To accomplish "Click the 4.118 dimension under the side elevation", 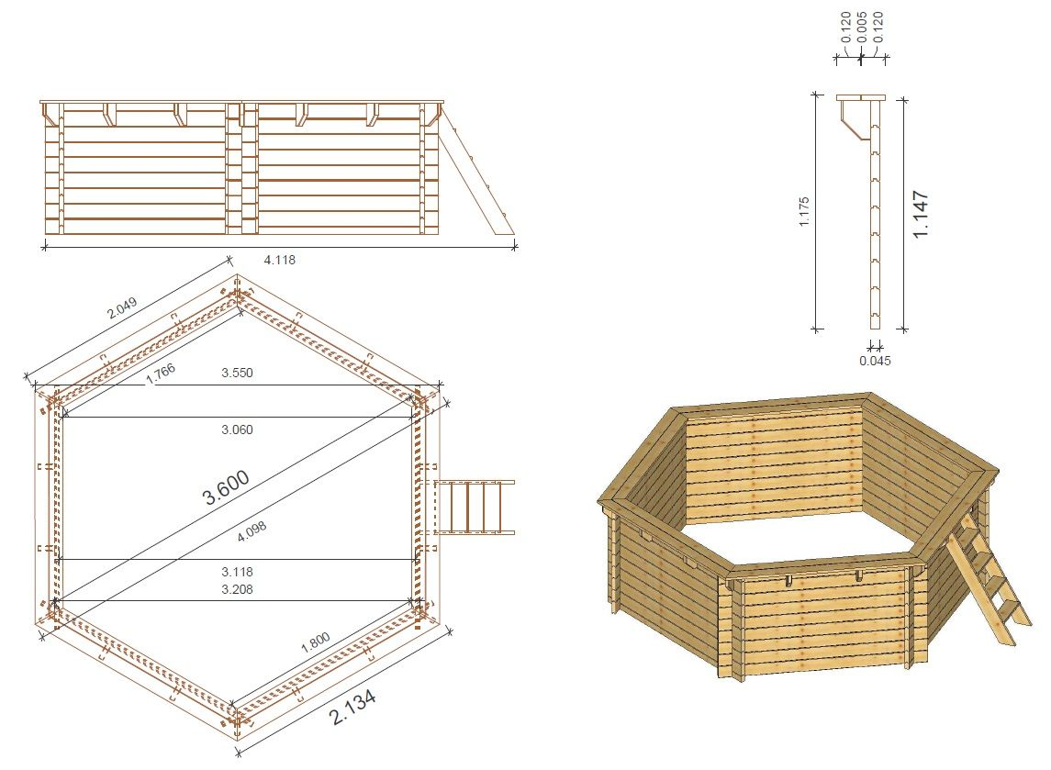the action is [280, 260].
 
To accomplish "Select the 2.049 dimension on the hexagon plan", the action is [122, 307].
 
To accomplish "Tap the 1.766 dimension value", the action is [161, 374].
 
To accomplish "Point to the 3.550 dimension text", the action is [238, 373].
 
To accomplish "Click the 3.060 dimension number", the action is [238, 430].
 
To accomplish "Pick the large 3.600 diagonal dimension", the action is [226, 486].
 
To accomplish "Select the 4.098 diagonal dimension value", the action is [252, 531].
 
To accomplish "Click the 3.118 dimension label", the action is [238, 572].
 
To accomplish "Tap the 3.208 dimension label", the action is [238, 589].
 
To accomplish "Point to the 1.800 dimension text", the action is [315, 642].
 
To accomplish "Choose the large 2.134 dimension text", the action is [352, 707].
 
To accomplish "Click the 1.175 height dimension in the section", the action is [804, 211].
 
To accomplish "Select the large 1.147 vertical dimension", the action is [921, 214].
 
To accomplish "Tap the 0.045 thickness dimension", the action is [876, 361].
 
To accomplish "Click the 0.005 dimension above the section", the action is [862, 27].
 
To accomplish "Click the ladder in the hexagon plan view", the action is [475, 507].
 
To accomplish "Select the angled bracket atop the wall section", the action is [854, 120].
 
